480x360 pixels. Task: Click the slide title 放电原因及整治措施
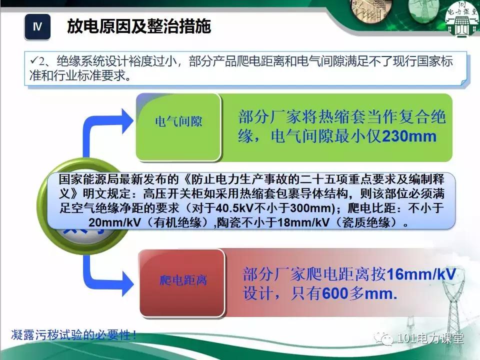pos(139,26)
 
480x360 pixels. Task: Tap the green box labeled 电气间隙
pos(178,121)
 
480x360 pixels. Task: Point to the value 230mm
pos(409,136)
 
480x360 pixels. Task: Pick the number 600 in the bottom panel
pos(334,294)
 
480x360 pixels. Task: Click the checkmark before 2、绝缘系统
pos(33,61)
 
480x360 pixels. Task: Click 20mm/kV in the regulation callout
pos(111,222)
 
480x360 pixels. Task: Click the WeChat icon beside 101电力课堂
pos(386,339)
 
